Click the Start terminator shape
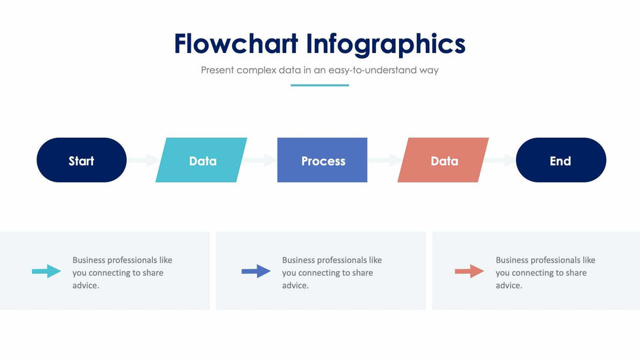pyautogui.click(x=82, y=160)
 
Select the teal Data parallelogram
pyautogui.click(x=201, y=160)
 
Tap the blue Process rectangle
pyautogui.click(x=322, y=160)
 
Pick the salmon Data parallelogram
pyautogui.click(x=443, y=160)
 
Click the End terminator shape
pyautogui.click(x=561, y=160)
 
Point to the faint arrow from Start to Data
pyautogui.click(x=144, y=160)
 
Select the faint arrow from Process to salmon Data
pyautogui.click(x=385, y=160)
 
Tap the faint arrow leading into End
pyautogui.click(x=500, y=160)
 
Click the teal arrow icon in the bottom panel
pyautogui.click(x=46, y=271)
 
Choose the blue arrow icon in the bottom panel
pyautogui.click(x=256, y=271)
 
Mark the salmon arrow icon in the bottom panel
pyautogui.click(x=470, y=271)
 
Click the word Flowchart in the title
pyautogui.click(x=236, y=44)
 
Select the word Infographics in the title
pyautogui.click(x=386, y=44)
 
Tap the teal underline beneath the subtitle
pyautogui.click(x=319, y=86)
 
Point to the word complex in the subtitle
pyautogui.click(x=256, y=70)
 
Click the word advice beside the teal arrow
pyautogui.click(x=86, y=286)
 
